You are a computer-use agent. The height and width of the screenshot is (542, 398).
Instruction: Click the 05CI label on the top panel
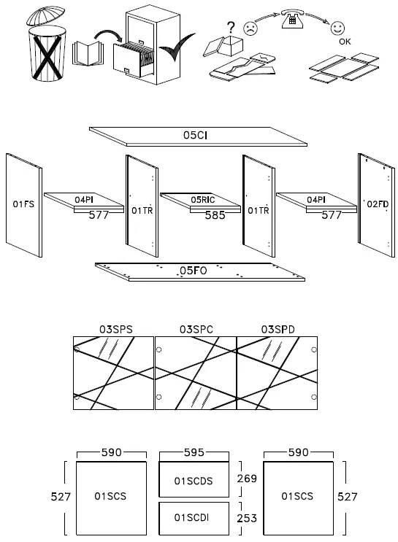point(197,135)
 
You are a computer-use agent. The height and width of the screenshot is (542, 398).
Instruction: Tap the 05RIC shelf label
point(202,199)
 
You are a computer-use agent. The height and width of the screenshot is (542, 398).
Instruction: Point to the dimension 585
point(215,215)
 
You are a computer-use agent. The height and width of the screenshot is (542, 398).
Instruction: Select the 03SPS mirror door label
point(115,330)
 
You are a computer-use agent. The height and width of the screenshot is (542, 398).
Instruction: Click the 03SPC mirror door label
point(196,330)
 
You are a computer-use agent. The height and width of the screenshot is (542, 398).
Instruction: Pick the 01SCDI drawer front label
point(193,517)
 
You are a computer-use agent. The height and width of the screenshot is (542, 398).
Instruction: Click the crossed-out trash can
point(45,47)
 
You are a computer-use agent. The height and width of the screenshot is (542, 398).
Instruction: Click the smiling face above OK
point(337,28)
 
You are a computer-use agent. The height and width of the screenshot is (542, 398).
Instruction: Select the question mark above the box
point(231,28)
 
